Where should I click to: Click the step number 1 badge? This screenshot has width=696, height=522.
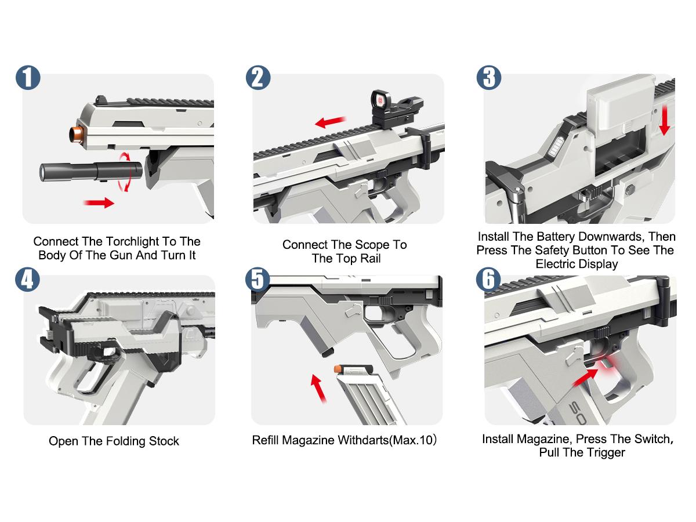point(28,78)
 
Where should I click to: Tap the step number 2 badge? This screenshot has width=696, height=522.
point(258,78)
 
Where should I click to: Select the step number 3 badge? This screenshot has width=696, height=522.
point(489,78)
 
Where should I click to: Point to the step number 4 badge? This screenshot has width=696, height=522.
point(27,279)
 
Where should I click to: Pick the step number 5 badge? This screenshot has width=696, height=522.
point(258,279)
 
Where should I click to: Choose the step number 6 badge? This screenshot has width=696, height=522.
point(488,279)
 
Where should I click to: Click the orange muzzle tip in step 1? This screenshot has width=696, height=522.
point(77,134)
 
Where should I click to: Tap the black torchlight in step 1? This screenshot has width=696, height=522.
point(90,172)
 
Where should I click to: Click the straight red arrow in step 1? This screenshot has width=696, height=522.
point(99,202)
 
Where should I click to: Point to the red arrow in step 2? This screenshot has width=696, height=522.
point(331,122)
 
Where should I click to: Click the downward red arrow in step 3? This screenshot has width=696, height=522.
point(664,121)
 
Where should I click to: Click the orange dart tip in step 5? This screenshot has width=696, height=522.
point(338,369)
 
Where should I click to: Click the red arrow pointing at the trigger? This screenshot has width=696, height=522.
point(585,378)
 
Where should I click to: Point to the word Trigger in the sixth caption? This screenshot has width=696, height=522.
point(606,452)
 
